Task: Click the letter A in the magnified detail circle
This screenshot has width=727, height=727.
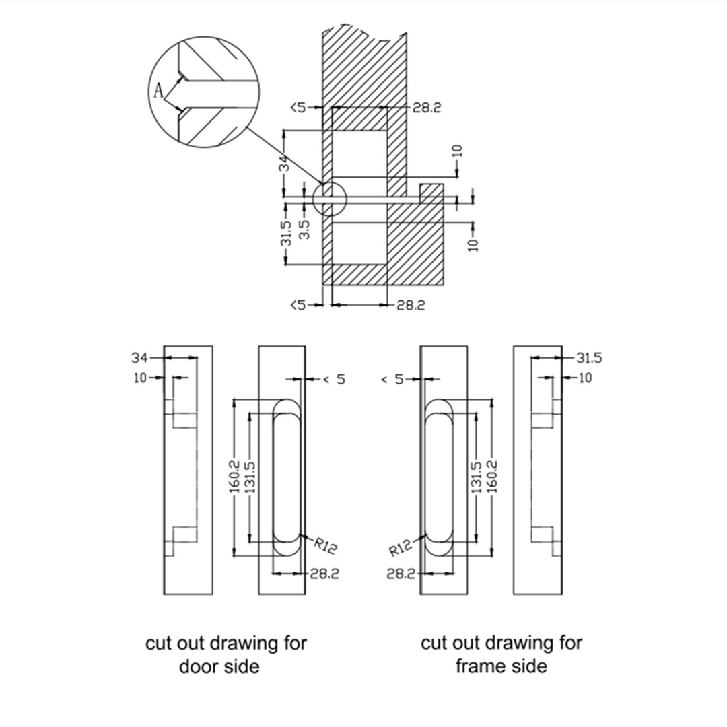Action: [158, 91]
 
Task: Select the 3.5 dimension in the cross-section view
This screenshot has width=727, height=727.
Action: [305, 228]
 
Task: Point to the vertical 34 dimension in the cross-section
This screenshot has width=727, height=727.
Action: [284, 164]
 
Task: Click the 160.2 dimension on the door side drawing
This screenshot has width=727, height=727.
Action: [236, 477]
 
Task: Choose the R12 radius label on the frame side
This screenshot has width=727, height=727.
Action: [401, 548]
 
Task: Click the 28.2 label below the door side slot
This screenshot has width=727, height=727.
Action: [324, 574]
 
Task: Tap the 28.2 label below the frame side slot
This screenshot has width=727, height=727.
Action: [401, 574]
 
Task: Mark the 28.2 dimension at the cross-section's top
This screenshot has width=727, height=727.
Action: [427, 108]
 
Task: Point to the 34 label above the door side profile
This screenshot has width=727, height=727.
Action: [139, 357]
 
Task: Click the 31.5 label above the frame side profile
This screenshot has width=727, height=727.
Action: [590, 357]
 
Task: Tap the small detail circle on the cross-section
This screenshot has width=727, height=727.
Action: [329, 199]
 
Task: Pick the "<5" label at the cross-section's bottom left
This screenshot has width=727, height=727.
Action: [298, 305]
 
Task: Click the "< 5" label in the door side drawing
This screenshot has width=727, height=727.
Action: [333, 380]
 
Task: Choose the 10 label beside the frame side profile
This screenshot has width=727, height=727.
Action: [586, 378]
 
